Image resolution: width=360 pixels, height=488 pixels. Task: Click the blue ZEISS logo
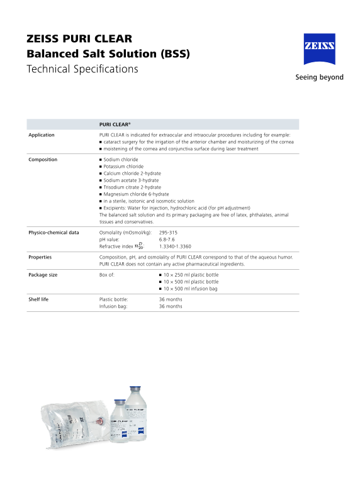(319, 49)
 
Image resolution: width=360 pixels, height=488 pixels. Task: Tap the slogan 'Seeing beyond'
(319, 77)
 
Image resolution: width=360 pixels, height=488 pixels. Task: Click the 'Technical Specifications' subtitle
(82, 69)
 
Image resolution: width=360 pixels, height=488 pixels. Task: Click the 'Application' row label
(42, 135)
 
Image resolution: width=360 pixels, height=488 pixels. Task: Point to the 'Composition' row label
(43, 160)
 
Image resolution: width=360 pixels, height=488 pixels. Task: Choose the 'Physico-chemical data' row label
(53, 233)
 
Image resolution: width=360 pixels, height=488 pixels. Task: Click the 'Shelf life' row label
(38, 299)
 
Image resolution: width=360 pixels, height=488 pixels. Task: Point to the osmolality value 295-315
(168, 233)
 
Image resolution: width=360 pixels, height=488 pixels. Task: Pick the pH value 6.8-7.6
(167, 240)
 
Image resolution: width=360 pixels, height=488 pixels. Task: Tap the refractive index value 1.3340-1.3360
(175, 247)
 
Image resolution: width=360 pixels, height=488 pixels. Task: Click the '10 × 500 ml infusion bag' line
(190, 289)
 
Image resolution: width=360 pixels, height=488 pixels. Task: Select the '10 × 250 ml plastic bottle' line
(191, 275)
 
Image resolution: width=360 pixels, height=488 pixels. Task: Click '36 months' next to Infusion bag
(171, 306)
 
